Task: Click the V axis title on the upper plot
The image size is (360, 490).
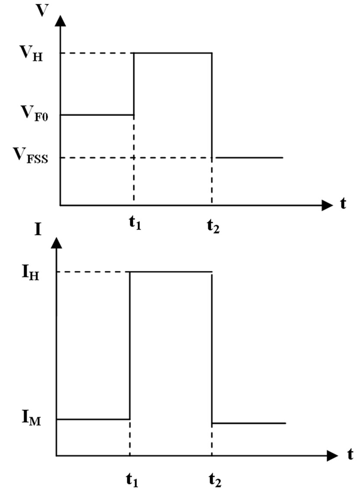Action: (x=42, y=10)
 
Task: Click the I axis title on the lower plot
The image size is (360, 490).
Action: (x=39, y=229)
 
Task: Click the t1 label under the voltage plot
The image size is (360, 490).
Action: (x=135, y=226)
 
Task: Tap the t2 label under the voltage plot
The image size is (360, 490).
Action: (x=212, y=226)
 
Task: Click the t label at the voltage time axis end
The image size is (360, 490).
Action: (x=343, y=204)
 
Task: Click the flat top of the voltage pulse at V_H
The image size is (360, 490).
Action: (x=173, y=53)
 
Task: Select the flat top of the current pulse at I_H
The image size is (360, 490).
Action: (x=171, y=272)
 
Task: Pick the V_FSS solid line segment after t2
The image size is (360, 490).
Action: (x=249, y=158)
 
